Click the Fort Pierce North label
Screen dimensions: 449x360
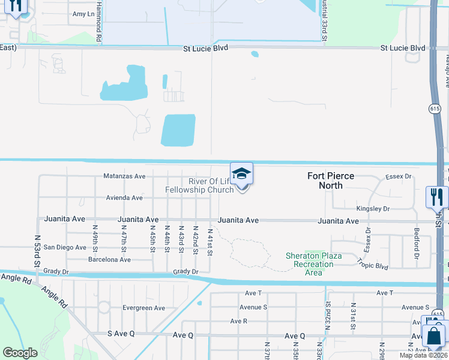pos(331,181)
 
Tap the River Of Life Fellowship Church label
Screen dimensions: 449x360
pos(202,185)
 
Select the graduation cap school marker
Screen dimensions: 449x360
pos(241,174)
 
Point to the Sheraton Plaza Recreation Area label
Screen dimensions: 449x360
pos(313,264)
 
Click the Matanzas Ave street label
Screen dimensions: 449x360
pos(124,176)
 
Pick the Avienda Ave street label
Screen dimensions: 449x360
pos(124,197)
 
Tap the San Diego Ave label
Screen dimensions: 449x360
pos(65,247)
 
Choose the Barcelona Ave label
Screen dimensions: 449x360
pos(109,260)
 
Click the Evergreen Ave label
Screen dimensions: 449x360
pos(143,308)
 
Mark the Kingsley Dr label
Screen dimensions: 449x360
pos(373,209)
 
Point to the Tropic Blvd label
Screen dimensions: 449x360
pos(373,263)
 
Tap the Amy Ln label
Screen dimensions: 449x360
pos(83,13)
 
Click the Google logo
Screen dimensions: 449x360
pos(20,352)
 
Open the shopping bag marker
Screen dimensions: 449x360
pos(434,335)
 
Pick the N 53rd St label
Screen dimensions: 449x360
pos(37,255)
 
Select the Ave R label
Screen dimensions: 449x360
pos(238,321)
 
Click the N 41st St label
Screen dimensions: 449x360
pos(210,241)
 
